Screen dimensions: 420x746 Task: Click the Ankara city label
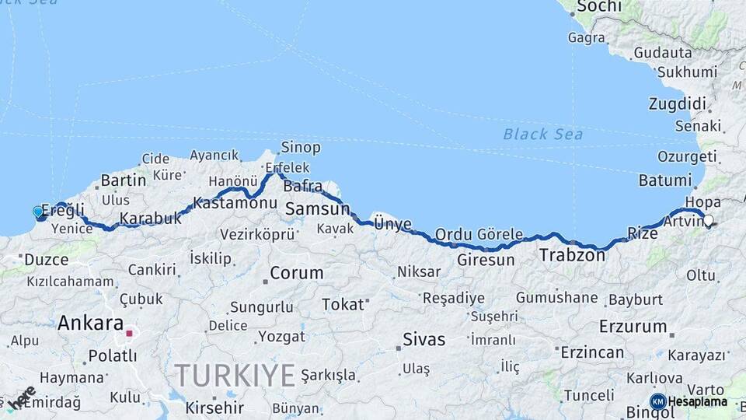coord(91,323)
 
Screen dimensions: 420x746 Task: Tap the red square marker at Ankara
coord(130,334)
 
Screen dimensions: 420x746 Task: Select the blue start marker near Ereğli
coord(37,212)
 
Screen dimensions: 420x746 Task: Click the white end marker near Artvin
coord(708,220)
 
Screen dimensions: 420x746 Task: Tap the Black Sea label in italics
coord(543,134)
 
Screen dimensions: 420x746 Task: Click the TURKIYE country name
coord(235,375)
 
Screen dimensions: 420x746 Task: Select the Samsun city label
coord(318,208)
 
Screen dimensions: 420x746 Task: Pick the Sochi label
coord(598,7)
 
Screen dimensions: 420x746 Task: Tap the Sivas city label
coord(424,339)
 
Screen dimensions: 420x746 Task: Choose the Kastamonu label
coord(235,202)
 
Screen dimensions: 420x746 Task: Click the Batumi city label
coord(664,180)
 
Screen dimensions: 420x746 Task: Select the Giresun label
coord(486,260)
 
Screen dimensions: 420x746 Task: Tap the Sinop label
coord(301,147)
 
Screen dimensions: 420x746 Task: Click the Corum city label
coord(296,273)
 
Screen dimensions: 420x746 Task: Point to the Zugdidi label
coord(677,104)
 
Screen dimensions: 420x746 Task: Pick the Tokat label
coord(343,304)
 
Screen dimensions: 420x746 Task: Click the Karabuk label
coord(151,219)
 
